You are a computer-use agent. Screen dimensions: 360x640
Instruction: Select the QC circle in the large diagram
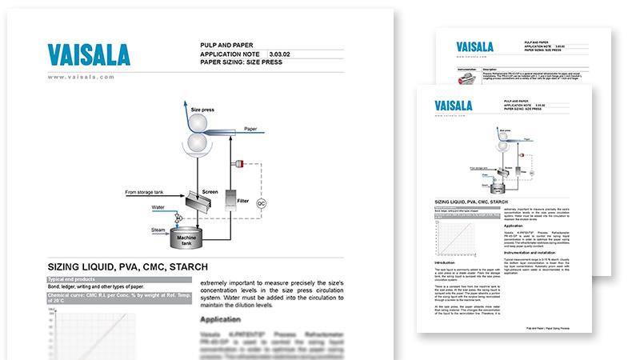coord(260,203)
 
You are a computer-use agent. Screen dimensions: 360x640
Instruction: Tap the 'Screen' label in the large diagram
coord(210,192)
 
